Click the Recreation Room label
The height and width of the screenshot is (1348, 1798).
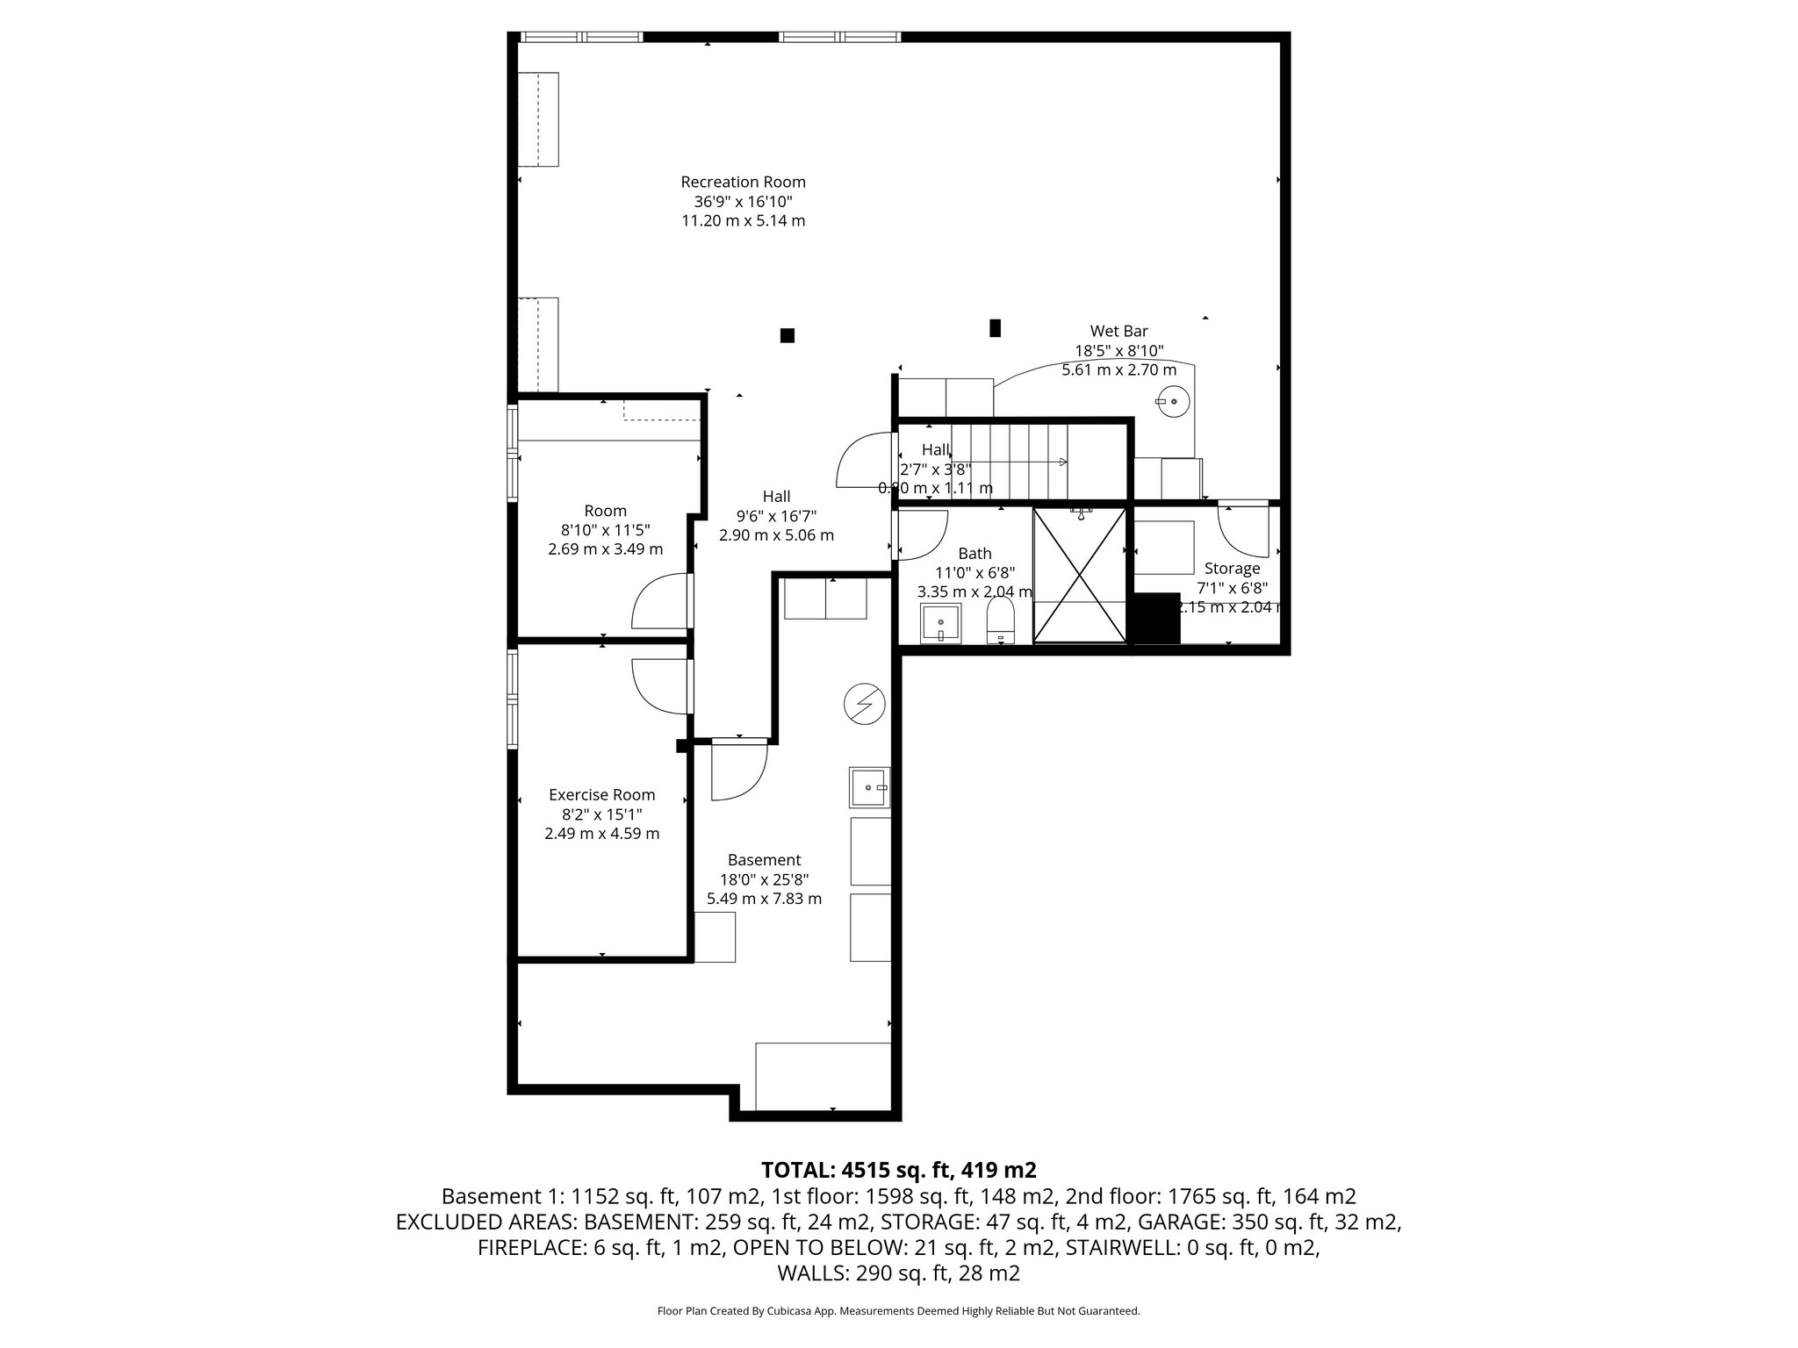[743, 183]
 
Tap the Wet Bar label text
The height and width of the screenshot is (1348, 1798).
[1118, 332]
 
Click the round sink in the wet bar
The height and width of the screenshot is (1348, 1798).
[1172, 402]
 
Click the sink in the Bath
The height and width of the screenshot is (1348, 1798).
[940, 623]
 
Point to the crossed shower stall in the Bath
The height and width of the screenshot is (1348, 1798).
[1080, 575]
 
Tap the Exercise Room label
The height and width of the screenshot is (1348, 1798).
[601, 795]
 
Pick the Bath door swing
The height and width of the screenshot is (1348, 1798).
[921, 534]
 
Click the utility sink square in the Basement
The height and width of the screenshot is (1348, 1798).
[869, 787]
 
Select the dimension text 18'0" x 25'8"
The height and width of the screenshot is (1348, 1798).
[764, 879]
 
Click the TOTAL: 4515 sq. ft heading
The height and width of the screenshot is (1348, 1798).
[898, 1170]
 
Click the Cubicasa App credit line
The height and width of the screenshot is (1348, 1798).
[898, 1311]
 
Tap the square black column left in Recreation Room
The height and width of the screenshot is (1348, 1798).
[788, 335]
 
